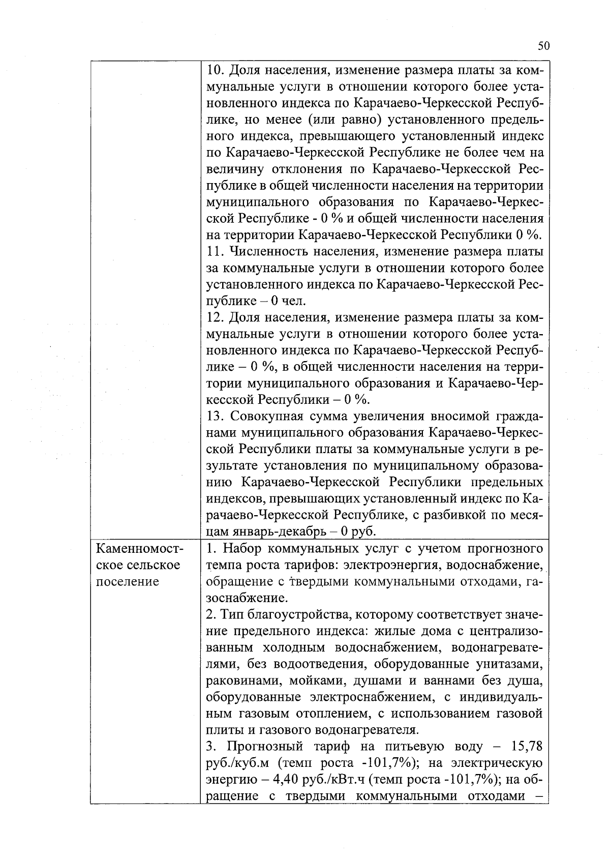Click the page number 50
(543, 46)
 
